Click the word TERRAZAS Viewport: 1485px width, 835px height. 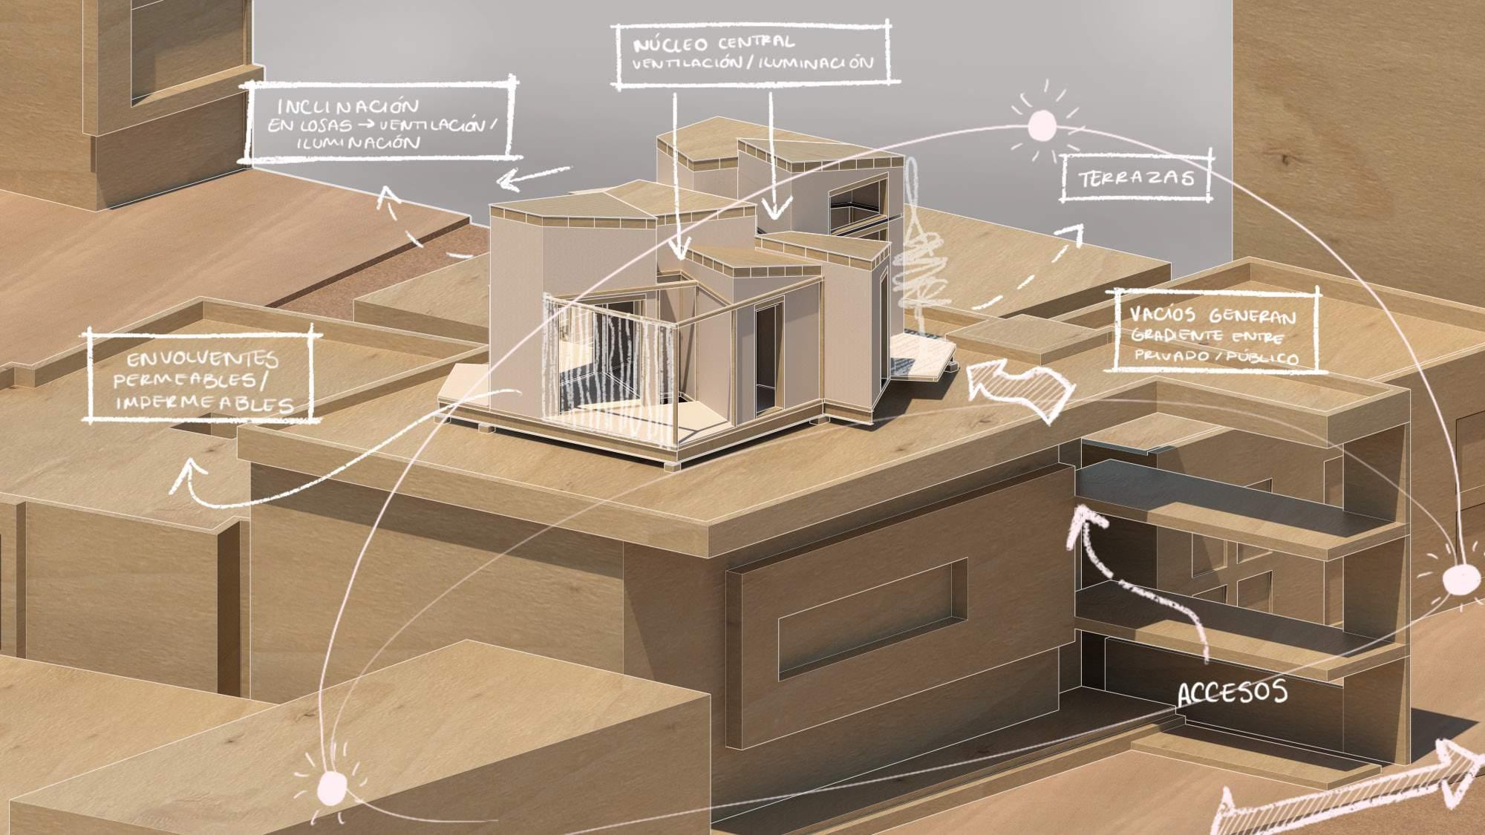point(1137,178)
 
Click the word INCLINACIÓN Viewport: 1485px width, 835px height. point(345,105)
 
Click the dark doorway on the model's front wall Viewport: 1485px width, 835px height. point(765,352)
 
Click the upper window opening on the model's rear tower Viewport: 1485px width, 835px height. point(853,194)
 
